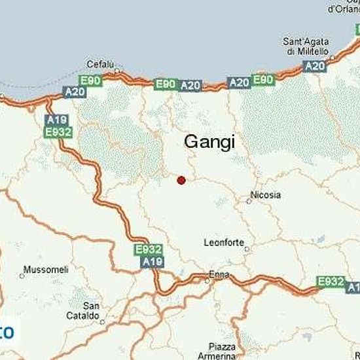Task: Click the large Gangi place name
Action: pyautogui.click(x=209, y=141)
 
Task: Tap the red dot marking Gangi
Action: pyautogui.click(x=181, y=180)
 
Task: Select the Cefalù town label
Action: pyautogui.click(x=101, y=64)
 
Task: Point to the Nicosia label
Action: pyautogui.click(x=266, y=195)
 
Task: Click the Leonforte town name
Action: pyautogui.click(x=224, y=241)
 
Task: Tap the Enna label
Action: pyautogui.click(x=218, y=274)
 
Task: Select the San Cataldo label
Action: pyautogui.click(x=91, y=310)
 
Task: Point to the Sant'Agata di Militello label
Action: pyautogui.click(x=306, y=46)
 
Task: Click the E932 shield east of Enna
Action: pyautogui.click(x=330, y=281)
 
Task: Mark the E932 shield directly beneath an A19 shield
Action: pyautogui.click(x=58, y=132)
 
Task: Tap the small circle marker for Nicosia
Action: pyautogui.click(x=249, y=202)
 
